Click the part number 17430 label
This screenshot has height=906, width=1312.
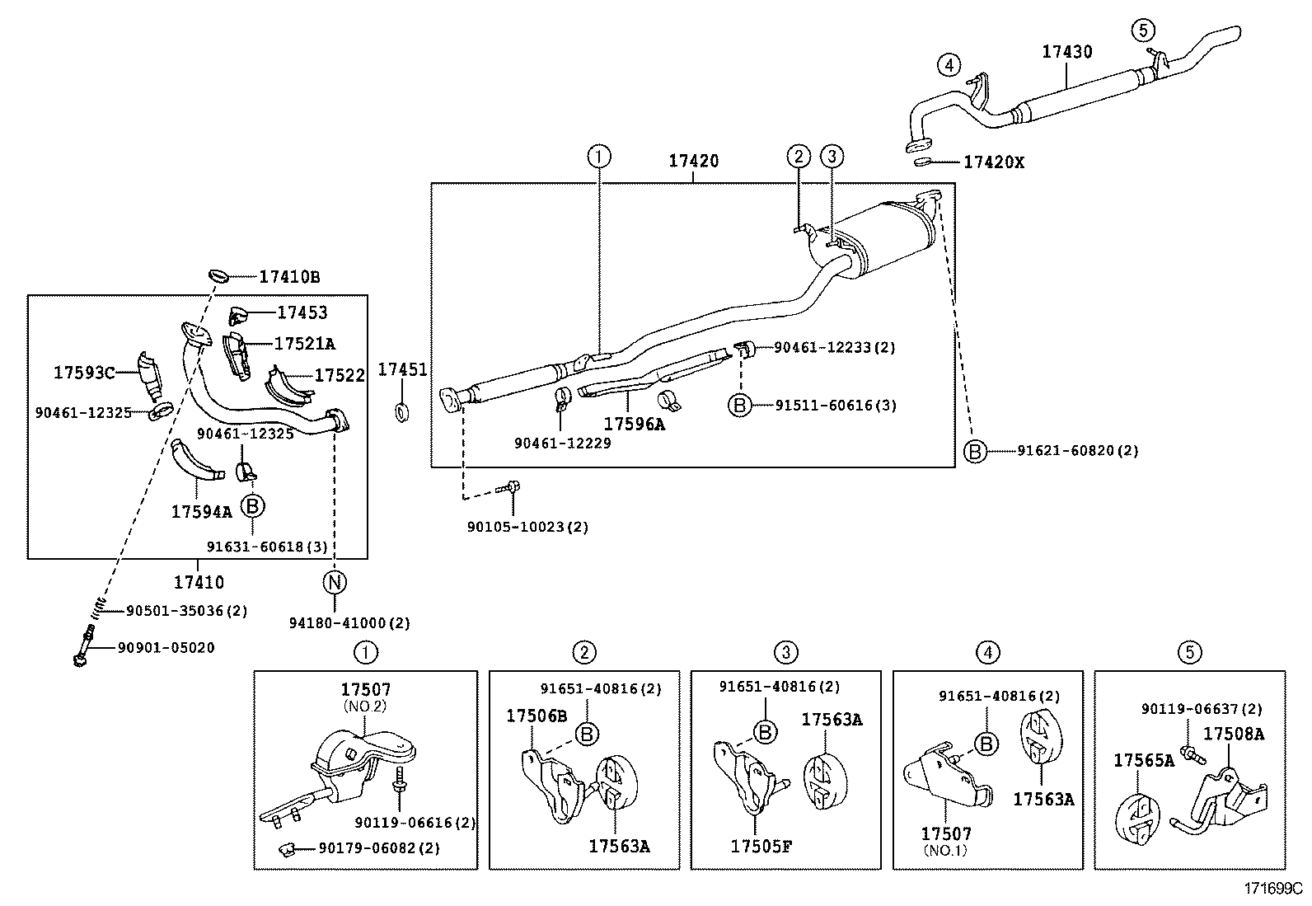(1066, 51)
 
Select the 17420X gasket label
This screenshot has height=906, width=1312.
(993, 162)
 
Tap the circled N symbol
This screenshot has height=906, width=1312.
(335, 582)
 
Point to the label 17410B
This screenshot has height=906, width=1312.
(288, 277)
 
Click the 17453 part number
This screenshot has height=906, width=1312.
(302, 312)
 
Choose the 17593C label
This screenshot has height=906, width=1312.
(84, 373)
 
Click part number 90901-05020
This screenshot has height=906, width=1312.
(166, 648)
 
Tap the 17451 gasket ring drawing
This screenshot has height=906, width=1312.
(401, 411)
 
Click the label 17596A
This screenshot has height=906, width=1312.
(634, 424)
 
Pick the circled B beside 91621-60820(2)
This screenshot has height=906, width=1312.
(975, 451)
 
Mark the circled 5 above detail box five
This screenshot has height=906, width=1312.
(1189, 653)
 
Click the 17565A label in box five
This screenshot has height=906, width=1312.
(1144, 760)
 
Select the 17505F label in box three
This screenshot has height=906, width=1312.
(761, 845)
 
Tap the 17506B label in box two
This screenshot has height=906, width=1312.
(537, 716)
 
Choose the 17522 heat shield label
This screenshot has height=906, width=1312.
(340, 376)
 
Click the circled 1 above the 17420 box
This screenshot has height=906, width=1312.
(599, 155)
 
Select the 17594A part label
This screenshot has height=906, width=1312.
(201, 512)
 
